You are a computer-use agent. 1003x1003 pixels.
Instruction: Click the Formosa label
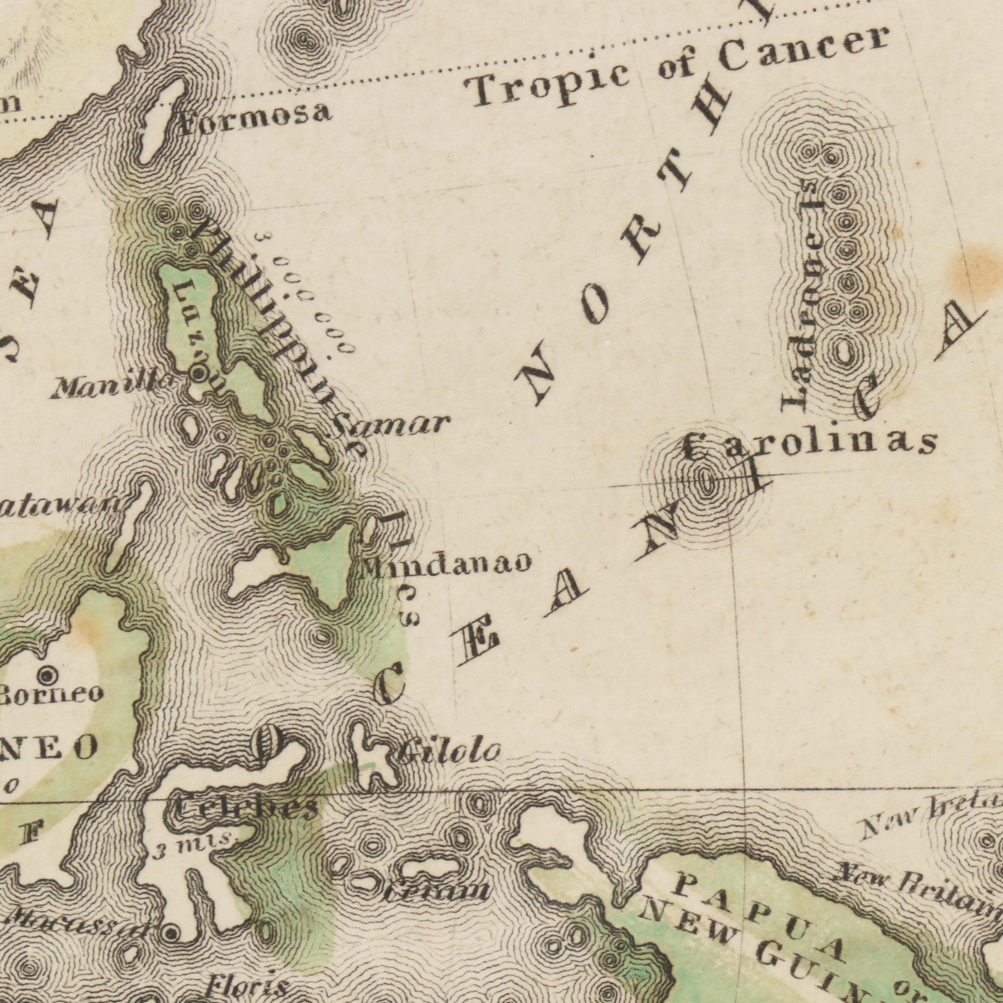click(255, 118)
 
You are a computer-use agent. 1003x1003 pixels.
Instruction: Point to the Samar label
click(390, 425)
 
